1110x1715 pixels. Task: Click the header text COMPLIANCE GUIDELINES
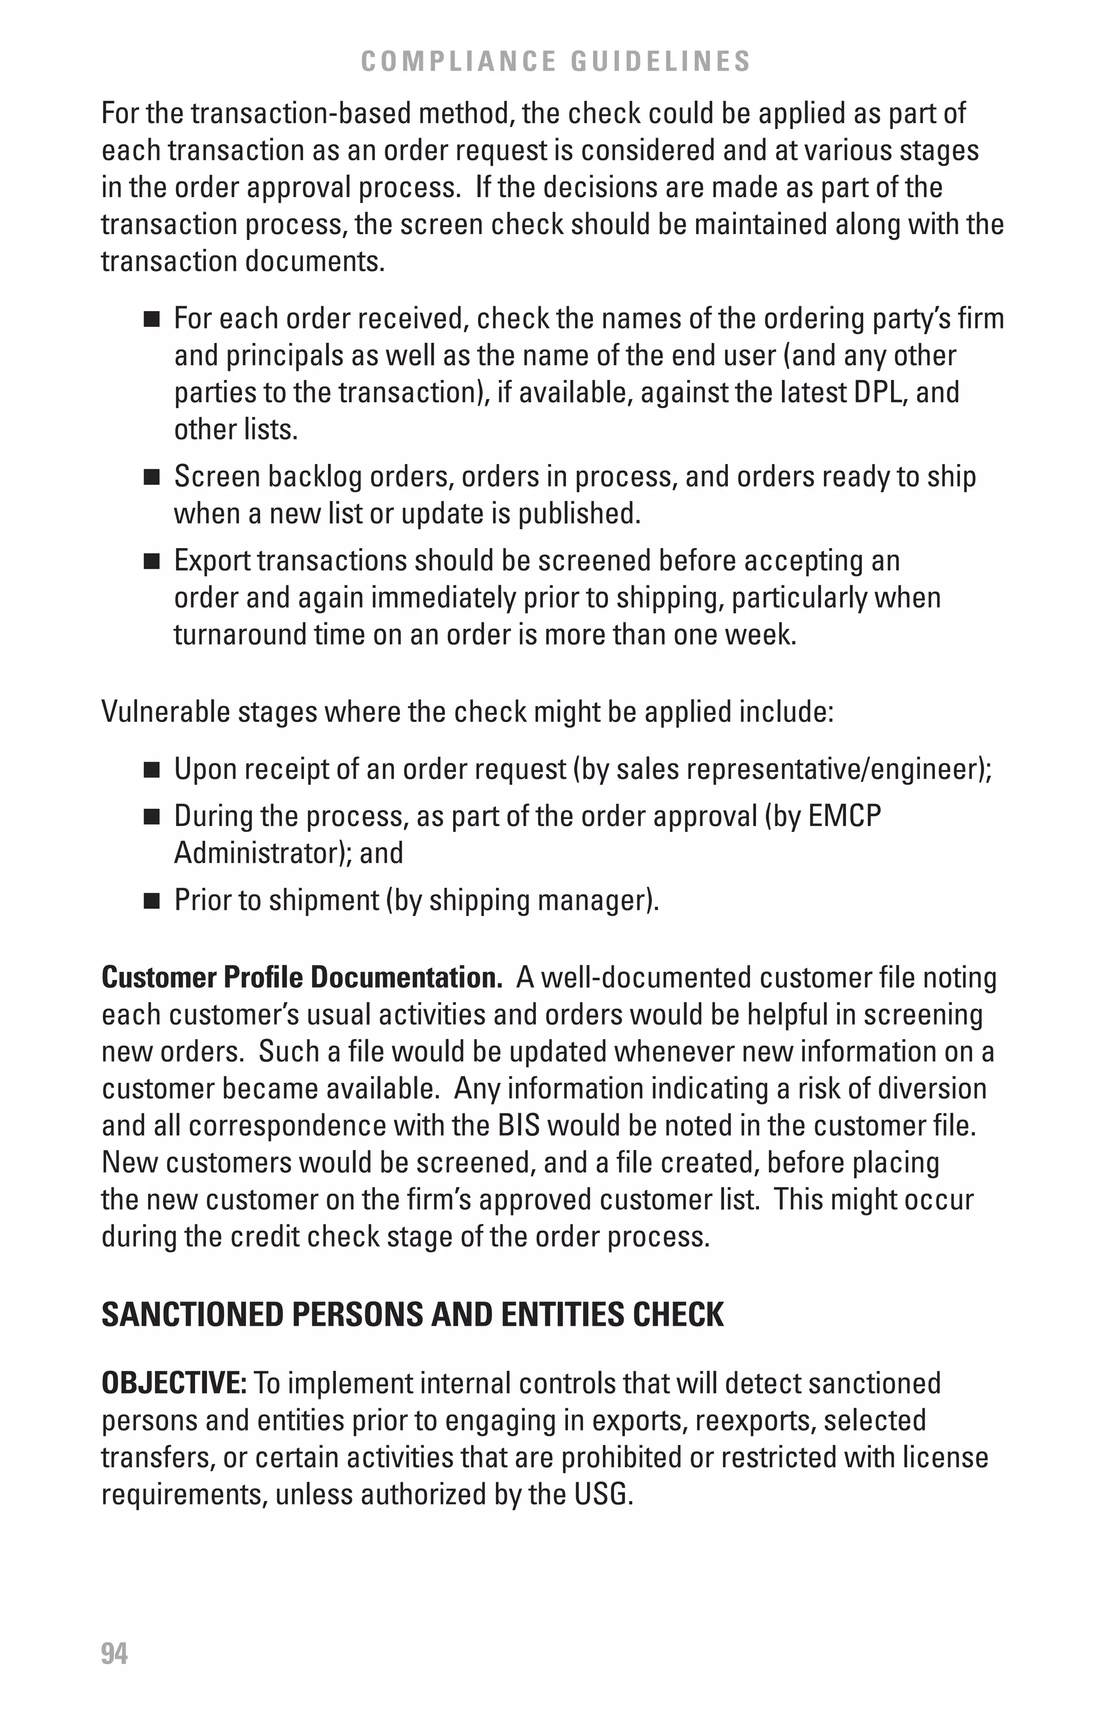pos(556,62)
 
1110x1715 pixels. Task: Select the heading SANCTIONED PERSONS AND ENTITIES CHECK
pos(412,1314)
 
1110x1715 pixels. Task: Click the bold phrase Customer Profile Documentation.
pos(302,978)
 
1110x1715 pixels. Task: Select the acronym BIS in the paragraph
pos(519,1126)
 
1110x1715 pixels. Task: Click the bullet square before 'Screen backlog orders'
pos(151,478)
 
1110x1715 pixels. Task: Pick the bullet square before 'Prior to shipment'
pos(151,901)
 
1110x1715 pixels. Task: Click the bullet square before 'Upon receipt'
pos(151,770)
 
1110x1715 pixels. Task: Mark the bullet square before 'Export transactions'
pos(151,562)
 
